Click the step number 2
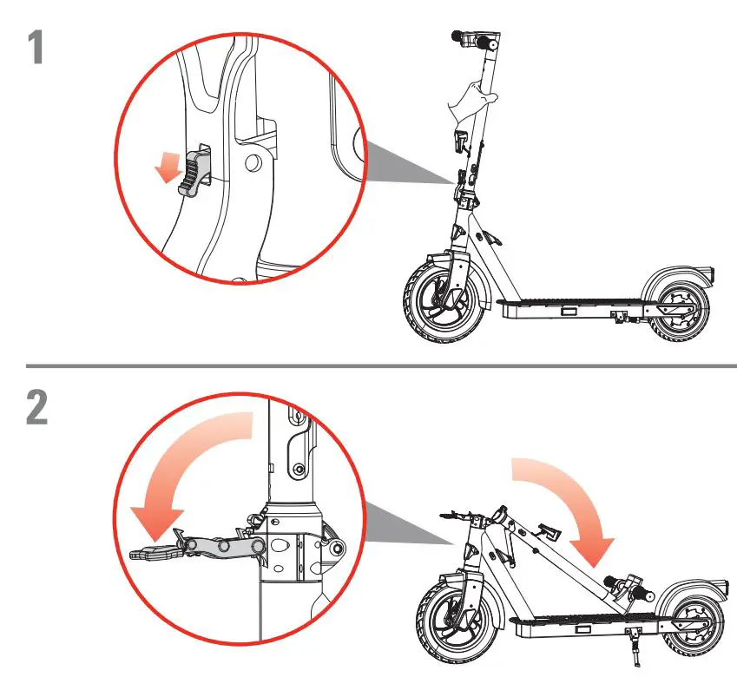coord(36,409)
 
